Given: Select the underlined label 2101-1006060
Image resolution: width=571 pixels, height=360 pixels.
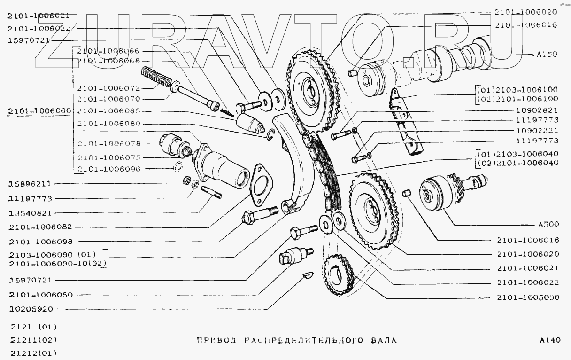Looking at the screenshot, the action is pyautogui.click(x=39, y=111).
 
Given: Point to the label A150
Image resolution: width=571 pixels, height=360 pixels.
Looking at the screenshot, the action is pyautogui.click(x=546, y=54).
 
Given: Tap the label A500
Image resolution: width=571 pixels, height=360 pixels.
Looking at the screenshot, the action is pyautogui.click(x=547, y=224).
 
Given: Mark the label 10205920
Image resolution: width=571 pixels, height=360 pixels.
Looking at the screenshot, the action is pyautogui.click(x=31, y=309).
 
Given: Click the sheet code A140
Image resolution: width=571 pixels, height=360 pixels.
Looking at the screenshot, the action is pyautogui.click(x=550, y=340).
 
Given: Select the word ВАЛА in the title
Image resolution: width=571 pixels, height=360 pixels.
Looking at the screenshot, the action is pyautogui.click(x=382, y=340).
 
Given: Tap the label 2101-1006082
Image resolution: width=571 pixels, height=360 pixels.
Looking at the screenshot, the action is pyautogui.click(x=40, y=227).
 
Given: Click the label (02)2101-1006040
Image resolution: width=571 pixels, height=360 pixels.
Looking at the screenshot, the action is pyautogui.click(x=517, y=163).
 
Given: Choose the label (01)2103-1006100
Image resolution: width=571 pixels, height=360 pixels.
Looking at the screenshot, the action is pyautogui.click(x=517, y=89).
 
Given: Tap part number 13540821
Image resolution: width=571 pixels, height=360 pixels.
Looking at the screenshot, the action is pyautogui.click(x=31, y=212).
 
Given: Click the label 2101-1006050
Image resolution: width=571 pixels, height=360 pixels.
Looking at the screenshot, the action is pyautogui.click(x=40, y=295).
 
